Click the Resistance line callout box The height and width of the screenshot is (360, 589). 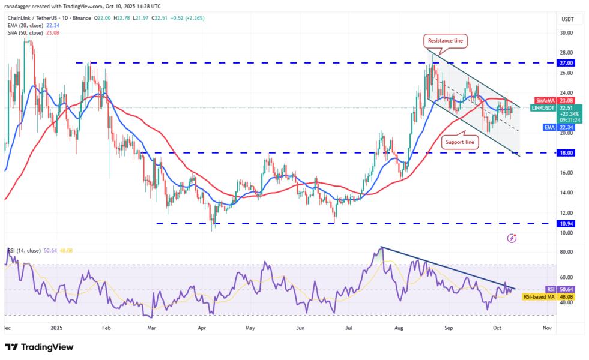(x=446, y=41)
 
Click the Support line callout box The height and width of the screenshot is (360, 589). (x=461, y=142)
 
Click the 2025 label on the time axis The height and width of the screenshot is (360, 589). (x=57, y=328)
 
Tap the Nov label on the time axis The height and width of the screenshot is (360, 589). (x=547, y=328)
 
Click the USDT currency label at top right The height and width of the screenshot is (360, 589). (x=568, y=19)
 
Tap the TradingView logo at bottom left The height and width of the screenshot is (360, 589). (x=39, y=347)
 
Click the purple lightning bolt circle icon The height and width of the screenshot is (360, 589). (x=512, y=238)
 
